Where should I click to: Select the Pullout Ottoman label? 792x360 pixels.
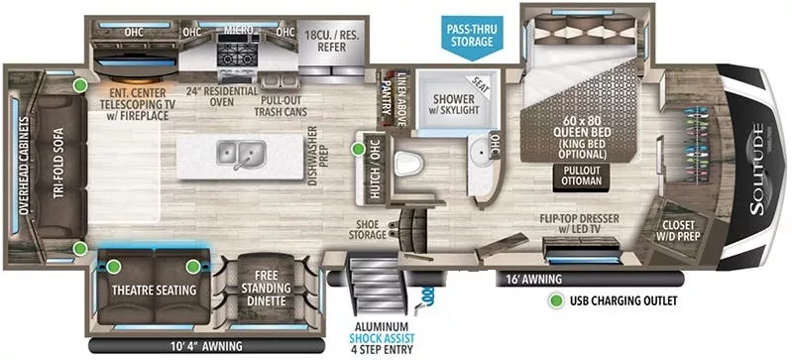(583, 175)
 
